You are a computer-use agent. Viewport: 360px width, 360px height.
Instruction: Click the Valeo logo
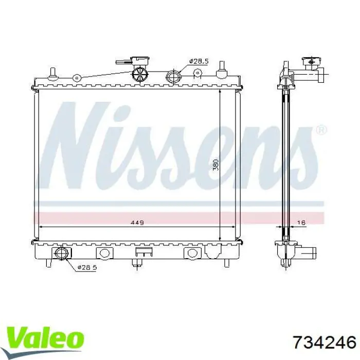click(45, 340)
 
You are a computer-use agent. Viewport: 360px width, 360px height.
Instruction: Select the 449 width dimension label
click(137, 222)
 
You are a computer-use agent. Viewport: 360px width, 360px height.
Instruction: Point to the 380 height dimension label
click(215, 165)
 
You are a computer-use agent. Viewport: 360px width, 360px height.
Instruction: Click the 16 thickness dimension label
click(301, 222)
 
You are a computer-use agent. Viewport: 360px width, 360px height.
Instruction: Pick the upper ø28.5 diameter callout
click(199, 61)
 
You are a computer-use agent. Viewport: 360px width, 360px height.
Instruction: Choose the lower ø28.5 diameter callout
click(87, 267)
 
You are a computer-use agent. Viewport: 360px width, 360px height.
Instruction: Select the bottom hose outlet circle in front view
click(61, 253)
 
